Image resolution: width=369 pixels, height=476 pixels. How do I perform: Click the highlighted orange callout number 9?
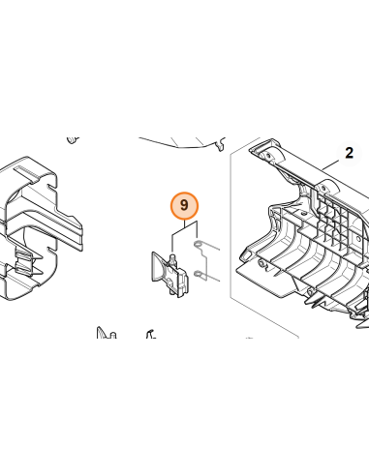tap(184, 205)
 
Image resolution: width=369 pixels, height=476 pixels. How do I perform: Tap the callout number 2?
tap(349, 153)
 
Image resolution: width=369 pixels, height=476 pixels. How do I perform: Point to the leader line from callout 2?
tap(329, 165)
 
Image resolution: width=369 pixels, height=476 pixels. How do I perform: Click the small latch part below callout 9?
tap(169, 274)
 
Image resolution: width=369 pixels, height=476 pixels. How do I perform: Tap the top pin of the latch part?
tap(173, 258)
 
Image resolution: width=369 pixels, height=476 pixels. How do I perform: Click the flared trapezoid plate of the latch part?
tap(159, 268)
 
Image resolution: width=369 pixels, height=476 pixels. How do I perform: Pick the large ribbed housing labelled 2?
tap(307, 232)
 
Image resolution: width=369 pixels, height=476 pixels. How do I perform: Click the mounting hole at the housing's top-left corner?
tap(267, 156)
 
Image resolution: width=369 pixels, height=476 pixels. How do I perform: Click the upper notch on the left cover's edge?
tap(51, 186)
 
